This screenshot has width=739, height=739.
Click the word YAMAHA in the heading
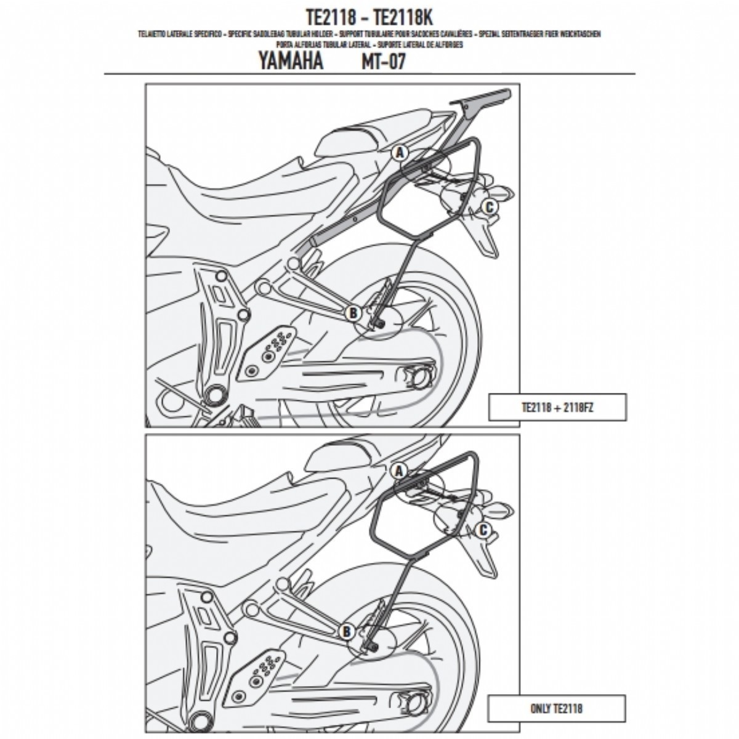(290, 62)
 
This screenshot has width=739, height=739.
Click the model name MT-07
(384, 62)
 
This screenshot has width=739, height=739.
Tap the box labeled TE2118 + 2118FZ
(557, 407)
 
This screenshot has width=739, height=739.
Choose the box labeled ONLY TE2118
(556, 708)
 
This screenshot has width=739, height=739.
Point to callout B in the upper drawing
(353, 313)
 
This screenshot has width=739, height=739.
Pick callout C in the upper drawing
(488, 207)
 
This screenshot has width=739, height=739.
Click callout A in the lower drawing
(398, 471)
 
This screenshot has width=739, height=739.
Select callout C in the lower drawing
(483, 530)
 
